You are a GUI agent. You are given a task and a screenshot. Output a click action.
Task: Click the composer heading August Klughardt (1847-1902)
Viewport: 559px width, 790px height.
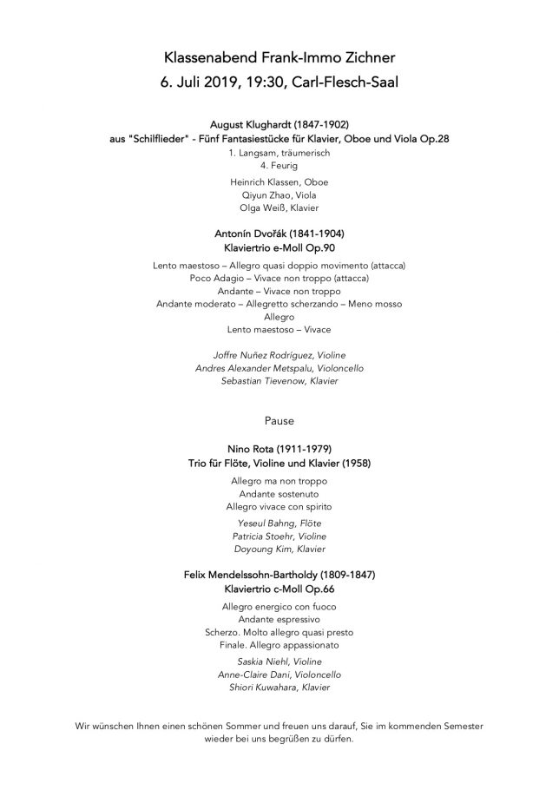[279, 125]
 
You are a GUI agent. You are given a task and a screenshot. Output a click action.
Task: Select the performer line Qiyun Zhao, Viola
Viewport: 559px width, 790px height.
[279, 195]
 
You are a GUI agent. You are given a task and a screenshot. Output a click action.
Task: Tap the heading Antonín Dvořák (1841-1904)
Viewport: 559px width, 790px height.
[279, 234]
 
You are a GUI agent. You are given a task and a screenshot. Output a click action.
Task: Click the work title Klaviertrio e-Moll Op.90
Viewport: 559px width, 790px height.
[279, 248]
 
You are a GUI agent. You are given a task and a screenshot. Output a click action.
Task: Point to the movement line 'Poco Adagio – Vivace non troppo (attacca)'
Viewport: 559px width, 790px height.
[279, 278]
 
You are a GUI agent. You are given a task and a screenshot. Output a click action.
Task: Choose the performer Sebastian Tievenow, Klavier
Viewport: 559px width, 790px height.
[279, 380]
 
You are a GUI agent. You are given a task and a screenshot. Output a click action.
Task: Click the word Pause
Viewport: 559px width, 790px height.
[279, 421]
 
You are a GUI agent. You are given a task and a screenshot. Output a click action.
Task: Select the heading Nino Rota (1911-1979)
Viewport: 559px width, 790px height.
[279, 450]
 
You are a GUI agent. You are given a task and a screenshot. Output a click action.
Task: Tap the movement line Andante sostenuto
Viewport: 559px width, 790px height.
[279, 492]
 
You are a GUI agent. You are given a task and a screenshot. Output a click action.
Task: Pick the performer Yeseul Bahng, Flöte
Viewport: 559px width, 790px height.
[279, 523]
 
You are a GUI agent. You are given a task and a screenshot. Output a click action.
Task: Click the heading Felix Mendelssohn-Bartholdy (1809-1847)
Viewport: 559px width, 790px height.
[279, 574]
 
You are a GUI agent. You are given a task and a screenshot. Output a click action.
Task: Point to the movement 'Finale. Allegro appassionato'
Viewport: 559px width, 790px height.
[279, 645]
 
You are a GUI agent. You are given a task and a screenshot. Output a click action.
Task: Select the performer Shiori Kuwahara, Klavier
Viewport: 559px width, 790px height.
[279, 688]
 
